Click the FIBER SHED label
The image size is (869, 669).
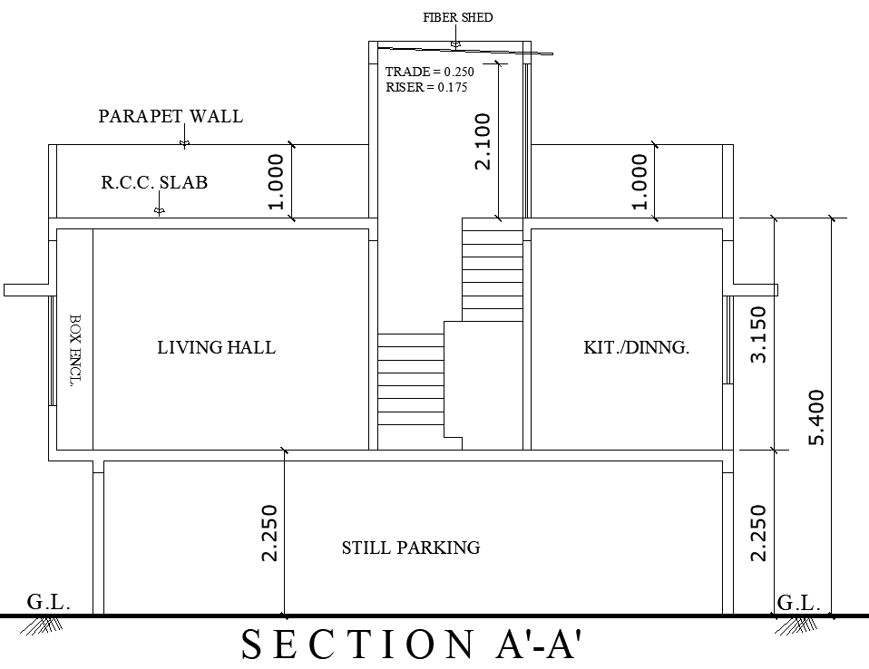(x=457, y=17)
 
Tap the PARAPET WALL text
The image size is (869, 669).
(x=171, y=116)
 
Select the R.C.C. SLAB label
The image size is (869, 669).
(x=154, y=182)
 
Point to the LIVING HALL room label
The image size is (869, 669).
(x=216, y=347)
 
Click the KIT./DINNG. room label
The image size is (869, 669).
(x=636, y=347)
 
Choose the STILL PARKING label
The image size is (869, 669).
(x=410, y=548)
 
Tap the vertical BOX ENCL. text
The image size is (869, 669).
(x=75, y=350)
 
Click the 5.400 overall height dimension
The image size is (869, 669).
(x=816, y=417)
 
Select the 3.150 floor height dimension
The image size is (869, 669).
(x=759, y=334)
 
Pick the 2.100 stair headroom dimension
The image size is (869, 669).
(x=483, y=141)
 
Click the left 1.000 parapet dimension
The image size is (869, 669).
(x=277, y=181)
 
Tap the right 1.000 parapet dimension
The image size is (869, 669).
(x=640, y=181)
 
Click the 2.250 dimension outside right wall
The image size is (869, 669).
(x=759, y=532)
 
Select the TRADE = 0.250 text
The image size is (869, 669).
(x=429, y=72)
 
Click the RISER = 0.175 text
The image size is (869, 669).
(x=426, y=88)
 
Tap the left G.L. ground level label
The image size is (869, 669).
(x=48, y=603)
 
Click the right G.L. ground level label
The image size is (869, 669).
(x=799, y=603)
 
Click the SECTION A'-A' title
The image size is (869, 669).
(x=410, y=645)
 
